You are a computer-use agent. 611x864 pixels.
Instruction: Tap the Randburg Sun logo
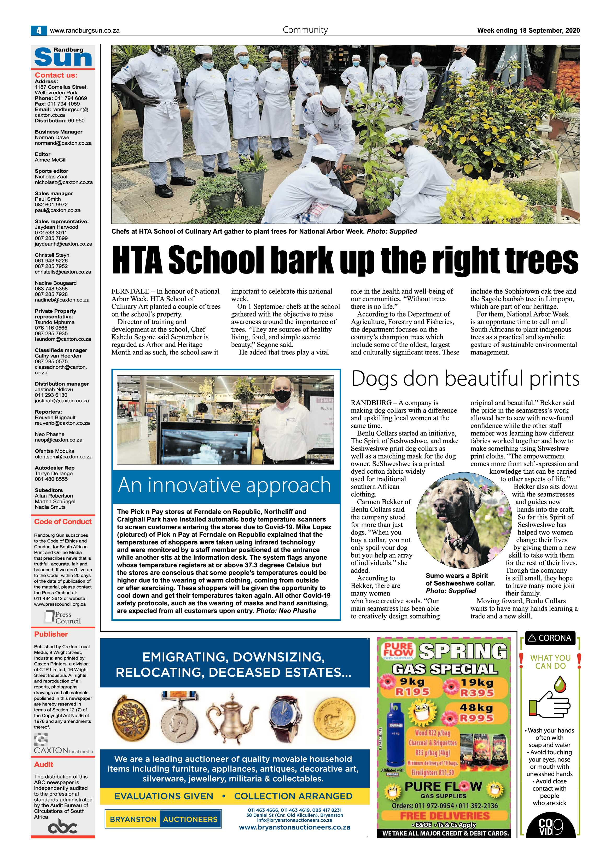tap(63, 56)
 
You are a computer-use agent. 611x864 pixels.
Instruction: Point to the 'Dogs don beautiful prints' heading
tap(465, 379)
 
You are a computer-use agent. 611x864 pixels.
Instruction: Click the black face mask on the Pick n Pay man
tap(281, 395)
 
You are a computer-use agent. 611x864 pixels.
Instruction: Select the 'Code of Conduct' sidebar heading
tap(63, 521)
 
